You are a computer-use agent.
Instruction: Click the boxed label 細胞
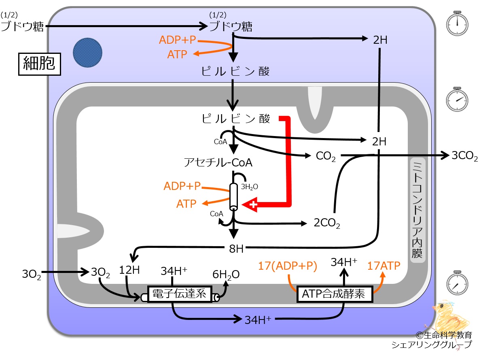coord(40,64)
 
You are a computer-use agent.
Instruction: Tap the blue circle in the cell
coord(87,53)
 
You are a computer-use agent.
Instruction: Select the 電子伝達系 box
coord(180,294)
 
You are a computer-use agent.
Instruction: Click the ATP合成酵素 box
coord(335,294)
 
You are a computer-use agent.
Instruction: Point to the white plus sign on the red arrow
coord(253,204)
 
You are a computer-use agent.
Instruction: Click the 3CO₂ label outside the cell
coord(464,156)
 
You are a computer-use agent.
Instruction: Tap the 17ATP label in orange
coord(384,266)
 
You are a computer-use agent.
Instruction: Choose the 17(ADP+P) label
coord(288,266)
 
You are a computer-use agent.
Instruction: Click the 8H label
coord(236,249)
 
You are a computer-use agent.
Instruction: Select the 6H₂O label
coord(226,275)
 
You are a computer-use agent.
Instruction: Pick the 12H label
coord(129,270)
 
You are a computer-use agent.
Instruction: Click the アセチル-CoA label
coord(218,162)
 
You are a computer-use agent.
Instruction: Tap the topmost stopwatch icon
coord(457,23)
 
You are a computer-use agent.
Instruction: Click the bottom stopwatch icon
coord(457,283)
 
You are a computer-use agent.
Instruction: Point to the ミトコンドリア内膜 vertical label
coord(417,210)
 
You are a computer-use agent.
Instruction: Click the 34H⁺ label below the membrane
coord(258,320)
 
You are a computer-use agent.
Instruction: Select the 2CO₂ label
coord(327,223)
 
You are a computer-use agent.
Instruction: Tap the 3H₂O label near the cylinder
coord(249,187)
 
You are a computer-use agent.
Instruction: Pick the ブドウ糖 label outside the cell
coord(22,26)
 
